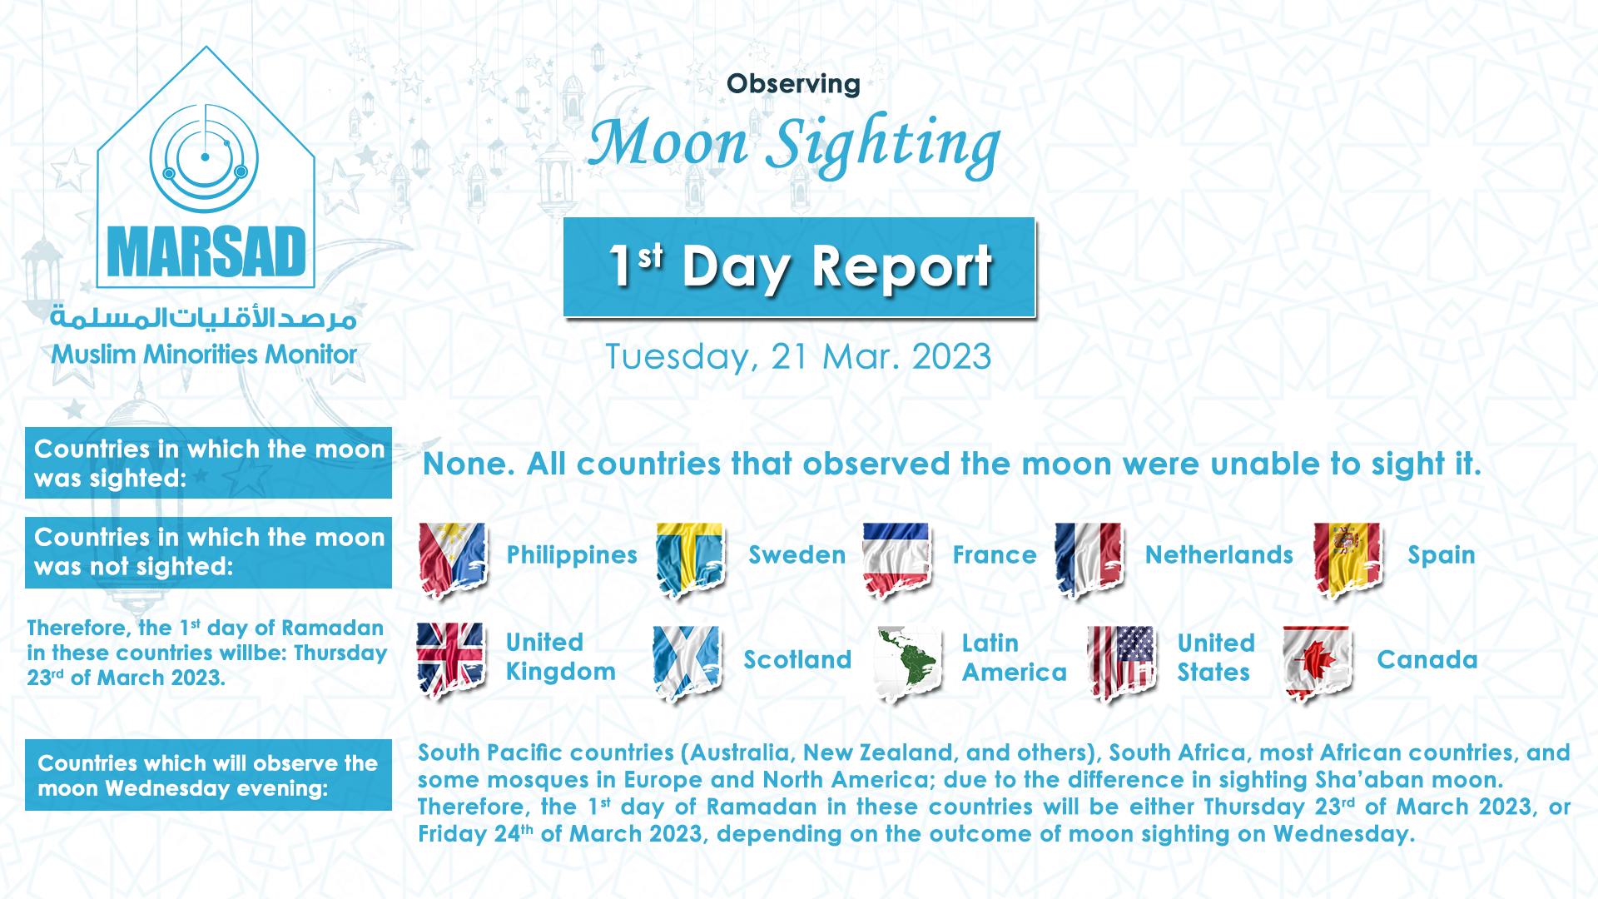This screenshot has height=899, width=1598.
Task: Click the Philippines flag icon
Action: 453,560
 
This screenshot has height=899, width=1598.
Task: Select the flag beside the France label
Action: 896,560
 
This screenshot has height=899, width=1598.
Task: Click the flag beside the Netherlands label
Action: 1089,560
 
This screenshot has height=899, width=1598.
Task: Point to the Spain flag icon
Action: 1348,560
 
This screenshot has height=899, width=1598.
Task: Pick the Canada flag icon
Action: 1318,664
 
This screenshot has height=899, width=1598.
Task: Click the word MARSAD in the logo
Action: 206,252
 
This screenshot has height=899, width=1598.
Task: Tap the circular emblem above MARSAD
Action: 205,158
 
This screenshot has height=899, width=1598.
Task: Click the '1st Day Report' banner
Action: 799,267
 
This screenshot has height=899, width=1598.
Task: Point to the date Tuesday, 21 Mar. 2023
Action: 798,357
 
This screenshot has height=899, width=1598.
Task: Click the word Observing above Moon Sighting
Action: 793,84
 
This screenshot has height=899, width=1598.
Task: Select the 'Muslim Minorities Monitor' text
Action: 204,355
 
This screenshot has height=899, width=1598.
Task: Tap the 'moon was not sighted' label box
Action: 208,553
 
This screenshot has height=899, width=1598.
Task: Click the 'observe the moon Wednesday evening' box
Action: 208,775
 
